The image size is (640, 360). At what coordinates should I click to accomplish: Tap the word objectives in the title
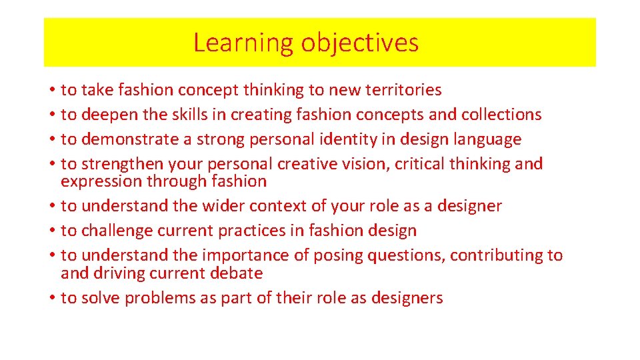pos(359,43)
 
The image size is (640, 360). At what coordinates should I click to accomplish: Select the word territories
pos(402,89)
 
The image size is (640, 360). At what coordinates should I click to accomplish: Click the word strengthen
pos(123,164)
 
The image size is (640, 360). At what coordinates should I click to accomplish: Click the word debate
pos(235,273)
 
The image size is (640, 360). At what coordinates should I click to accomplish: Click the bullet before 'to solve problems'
pos(51,298)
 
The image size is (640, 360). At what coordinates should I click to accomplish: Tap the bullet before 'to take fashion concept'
pos(51,90)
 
